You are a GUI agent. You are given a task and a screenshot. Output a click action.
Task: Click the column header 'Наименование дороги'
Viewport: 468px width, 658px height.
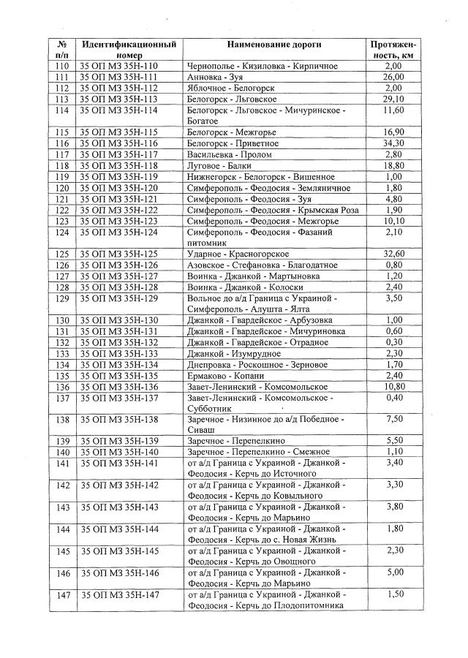(274, 45)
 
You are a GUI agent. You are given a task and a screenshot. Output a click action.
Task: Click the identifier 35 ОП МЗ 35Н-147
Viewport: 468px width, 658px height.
(118, 594)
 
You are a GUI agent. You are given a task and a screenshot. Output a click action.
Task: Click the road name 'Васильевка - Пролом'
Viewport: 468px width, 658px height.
(230, 155)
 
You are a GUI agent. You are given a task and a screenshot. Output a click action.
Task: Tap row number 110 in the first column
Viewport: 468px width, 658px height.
(62, 66)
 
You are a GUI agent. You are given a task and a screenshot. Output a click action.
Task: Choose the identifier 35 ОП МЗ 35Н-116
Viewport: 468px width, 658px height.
(118, 143)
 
